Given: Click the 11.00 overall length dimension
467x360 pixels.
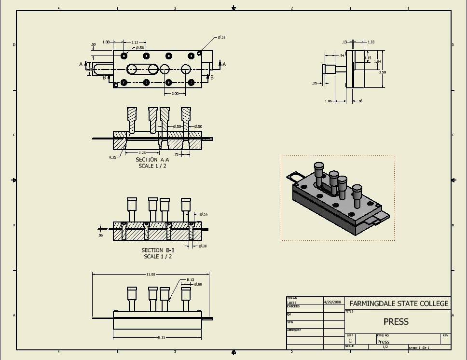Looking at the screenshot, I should click(151, 274).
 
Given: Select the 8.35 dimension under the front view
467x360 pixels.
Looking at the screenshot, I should click(162, 337).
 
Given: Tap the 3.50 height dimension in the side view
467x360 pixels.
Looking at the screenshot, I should click(382, 72).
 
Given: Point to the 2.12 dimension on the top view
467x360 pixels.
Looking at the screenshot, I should click(135, 42).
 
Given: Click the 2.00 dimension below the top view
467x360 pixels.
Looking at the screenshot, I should click(175, 93).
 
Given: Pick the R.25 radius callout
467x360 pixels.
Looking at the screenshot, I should click(112, 157).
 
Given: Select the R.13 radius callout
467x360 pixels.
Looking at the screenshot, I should click(191, 280).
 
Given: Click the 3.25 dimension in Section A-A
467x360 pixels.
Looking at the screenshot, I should click(142, 152).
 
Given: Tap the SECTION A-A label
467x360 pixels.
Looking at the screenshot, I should click(152, 160).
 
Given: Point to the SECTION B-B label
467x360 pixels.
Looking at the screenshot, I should click(158, 250).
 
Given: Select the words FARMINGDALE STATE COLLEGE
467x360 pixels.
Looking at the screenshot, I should click(398, 304).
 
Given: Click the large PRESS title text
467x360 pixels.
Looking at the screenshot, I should click(396, 321).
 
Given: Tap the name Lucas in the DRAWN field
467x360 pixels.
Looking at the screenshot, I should click(292, 303).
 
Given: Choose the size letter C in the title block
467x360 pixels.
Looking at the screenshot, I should click(350, 341).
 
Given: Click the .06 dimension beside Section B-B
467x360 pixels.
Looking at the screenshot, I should click(100, 235).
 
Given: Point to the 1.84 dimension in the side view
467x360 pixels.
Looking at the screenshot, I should click(377, 62).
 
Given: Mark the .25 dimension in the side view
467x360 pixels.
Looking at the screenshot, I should click(315, 83).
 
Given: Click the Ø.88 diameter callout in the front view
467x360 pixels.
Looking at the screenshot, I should click(198, 284).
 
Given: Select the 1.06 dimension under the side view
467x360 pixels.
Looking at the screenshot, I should click(329, 101).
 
